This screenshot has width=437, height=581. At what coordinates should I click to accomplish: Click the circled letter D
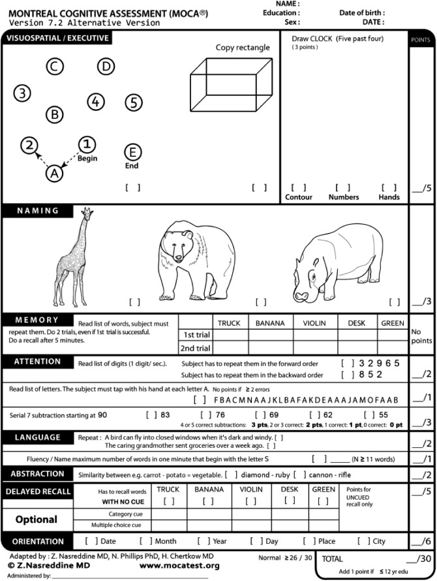(106, 66)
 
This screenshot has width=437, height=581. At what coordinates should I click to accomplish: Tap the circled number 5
(133, 102)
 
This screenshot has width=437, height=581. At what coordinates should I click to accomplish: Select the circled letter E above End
(132, 152)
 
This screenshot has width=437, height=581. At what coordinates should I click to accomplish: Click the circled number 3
(23, 93)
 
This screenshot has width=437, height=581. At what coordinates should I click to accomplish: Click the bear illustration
(198, 259)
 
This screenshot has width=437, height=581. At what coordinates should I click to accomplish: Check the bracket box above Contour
(298, 187)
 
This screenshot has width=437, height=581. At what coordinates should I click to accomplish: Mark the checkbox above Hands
(389, 187)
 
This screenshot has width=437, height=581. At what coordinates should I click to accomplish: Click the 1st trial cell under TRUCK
(229, 335)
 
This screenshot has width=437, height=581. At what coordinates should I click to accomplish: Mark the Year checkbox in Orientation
(203, 541)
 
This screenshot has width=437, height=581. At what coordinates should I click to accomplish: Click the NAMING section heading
(38, 211)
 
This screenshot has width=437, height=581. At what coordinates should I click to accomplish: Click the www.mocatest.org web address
(179, 565)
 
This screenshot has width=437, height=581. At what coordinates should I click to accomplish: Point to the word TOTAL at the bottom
(332, 559)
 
